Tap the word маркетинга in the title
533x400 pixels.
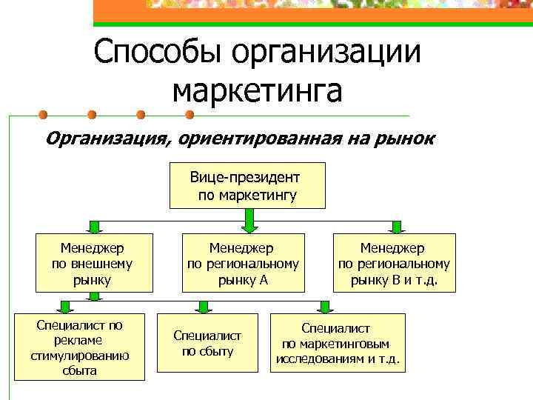coord(257,91)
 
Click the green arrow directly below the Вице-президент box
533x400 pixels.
coord(249,219)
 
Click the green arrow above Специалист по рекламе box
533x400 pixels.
coord(65,306)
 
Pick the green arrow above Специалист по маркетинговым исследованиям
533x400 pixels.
coord(324,306)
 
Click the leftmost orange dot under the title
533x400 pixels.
coord(43,115)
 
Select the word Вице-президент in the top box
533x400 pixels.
coord(245,178)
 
